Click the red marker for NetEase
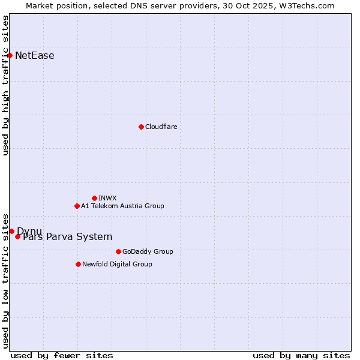[10, 55]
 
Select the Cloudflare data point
[141, 127]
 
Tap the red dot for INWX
[94, 198]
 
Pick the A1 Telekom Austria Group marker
[77, 206]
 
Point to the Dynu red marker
[11, 231]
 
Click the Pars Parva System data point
[17, 236]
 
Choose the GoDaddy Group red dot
[118, 251]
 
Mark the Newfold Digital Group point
[78, 264]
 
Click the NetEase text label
[35, 56]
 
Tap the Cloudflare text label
[161, 127]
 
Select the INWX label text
[107, 198]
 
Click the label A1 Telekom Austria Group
[122, 206]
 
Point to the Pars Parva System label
[67, 237]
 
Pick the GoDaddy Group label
[148, 251]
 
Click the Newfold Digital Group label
[117, 264]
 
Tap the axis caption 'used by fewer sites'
[62, 355]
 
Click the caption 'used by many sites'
[301, 355]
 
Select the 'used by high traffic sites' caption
[5, 85]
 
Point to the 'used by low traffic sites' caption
[5, 281]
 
